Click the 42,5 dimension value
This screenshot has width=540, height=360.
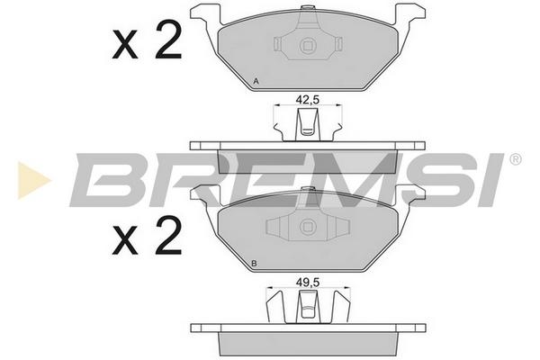pos(308,100)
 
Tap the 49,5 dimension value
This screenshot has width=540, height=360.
pos(308,282)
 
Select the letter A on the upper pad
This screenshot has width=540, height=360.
pos(256,82)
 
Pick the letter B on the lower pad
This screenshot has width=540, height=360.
pos(254,264)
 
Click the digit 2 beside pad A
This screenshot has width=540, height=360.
pos(168,39)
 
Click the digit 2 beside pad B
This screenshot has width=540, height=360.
pos(168,236)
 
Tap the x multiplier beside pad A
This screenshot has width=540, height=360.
pos(125,45)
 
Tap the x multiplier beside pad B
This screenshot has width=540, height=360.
pos(125,242)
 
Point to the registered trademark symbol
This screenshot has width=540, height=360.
pos(515,159)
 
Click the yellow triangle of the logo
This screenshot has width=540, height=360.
pos(34,180)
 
